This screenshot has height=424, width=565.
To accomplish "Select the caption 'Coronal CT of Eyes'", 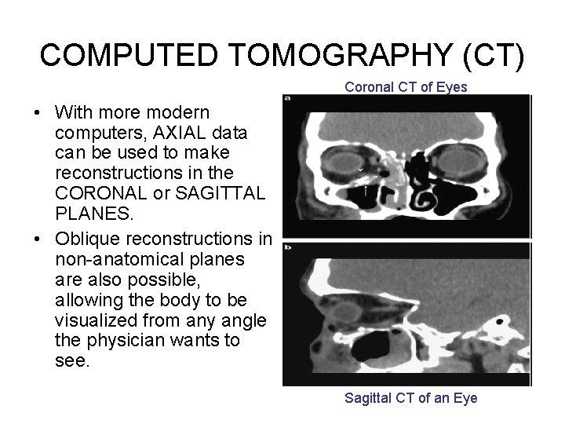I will point(406,88).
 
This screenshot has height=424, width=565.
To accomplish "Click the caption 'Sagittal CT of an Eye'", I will point(410,398).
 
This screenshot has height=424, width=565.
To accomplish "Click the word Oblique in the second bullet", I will point(86,239).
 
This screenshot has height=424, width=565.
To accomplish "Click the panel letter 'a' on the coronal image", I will point(288,98).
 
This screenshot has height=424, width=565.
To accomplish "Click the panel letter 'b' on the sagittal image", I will point(288,247).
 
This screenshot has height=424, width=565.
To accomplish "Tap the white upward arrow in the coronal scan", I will point(366,190).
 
